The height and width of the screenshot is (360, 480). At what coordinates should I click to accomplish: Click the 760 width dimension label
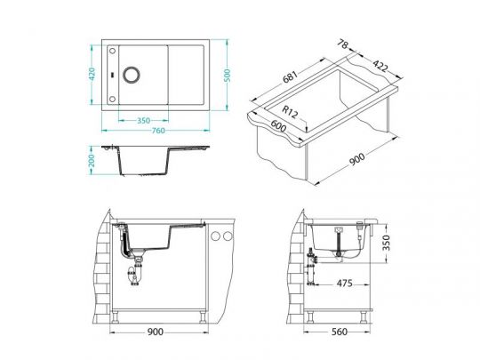pos(158,131)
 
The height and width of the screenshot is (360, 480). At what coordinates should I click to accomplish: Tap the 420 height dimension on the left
pos(92,74)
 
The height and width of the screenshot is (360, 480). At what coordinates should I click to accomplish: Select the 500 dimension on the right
pos(227,76)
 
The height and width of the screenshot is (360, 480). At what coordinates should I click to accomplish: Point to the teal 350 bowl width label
pos(144,121)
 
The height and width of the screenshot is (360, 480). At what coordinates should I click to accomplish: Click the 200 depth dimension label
pos(92,160)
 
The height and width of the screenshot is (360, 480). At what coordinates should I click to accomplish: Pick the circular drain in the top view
pos(132,75)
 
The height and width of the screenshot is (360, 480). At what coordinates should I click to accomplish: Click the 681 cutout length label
pos(290,77)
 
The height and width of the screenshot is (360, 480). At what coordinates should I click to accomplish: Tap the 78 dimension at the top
pos(343,44)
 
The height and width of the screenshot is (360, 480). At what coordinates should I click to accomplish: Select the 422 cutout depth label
pos(380,66)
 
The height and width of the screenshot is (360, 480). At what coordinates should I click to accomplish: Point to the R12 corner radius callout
pos(290,112)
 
